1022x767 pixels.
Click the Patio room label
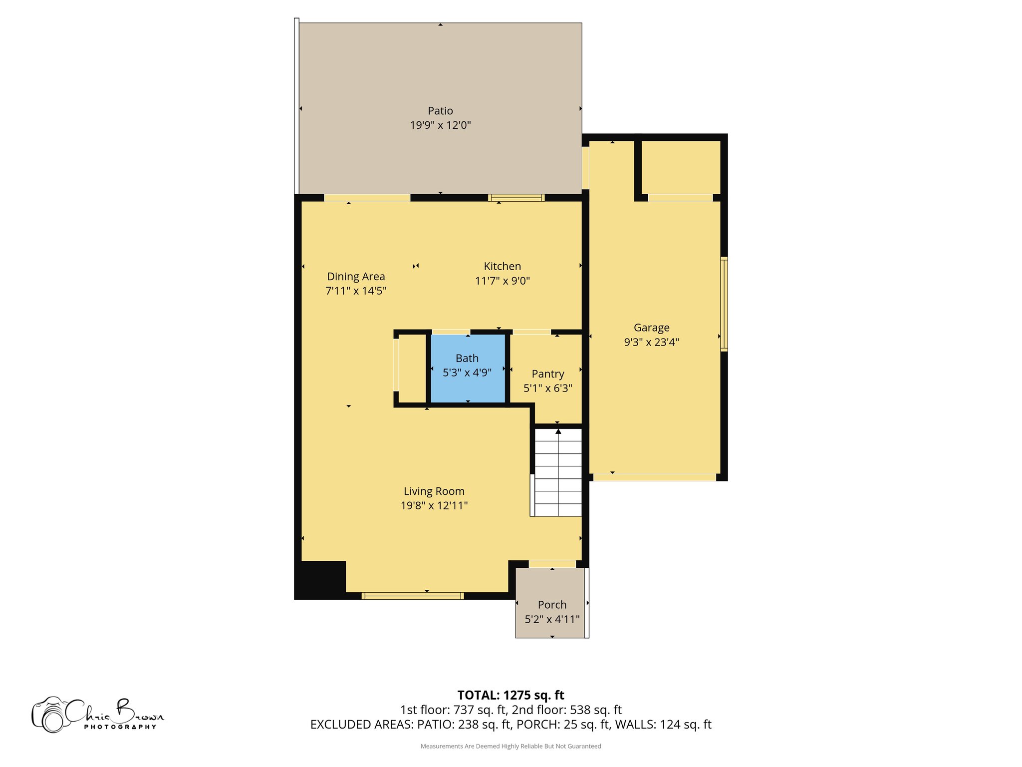coord(440,111)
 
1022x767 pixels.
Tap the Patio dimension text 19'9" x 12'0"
coord(440,125)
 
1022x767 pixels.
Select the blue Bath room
coord(468,384)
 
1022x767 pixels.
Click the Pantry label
coord(548,374)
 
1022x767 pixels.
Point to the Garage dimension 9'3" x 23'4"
coord(651,342)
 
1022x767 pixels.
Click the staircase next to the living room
coord(558,472)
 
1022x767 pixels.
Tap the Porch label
coord(552,605)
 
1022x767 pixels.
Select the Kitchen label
coord(502,266)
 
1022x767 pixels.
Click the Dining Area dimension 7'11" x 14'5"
coord(356,291)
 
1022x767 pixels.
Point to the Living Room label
coord(434,491)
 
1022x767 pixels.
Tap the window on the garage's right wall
coord(724,304)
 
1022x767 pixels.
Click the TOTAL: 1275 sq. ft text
coord(511,695)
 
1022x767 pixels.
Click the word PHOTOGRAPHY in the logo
coord(120,727)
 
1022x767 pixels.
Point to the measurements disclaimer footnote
coord(511,746)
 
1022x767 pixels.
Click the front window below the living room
coord(412,596)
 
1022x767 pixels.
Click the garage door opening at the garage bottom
coord(654,477)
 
